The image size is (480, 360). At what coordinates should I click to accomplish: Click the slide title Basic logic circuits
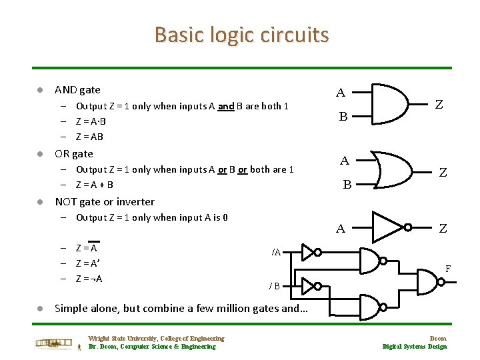(241, 34)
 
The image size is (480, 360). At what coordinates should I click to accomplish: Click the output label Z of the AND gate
(439, 104)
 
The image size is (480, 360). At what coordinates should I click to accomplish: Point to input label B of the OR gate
(347, 185)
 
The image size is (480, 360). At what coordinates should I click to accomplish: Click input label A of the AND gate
(340, 93)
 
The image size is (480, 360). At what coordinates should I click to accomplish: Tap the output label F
(448, 269)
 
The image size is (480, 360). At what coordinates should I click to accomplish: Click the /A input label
(276, 252)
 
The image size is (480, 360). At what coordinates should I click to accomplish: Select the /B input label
(274, 286)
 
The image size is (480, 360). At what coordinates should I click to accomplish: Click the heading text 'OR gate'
(73, 153)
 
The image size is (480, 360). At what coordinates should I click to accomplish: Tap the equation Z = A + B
(94, 185)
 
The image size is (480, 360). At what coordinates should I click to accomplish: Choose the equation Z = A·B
(91, 121)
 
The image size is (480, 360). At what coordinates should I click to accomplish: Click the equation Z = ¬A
(89, 279)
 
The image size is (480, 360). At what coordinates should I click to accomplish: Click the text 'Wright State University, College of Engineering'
(156, 339)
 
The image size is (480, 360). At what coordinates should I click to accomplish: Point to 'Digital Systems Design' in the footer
(414, 347)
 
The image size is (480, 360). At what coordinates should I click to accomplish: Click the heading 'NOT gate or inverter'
(104, 201)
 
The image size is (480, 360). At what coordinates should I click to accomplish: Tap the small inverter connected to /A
(308, 252)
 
